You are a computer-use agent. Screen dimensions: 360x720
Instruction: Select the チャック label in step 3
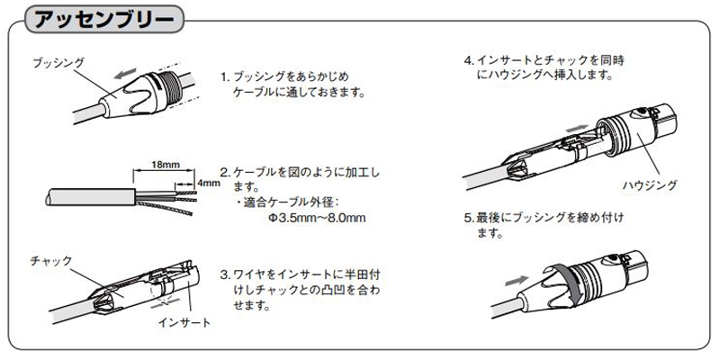coord(50,260)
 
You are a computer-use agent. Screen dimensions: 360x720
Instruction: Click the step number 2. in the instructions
coord(226,172)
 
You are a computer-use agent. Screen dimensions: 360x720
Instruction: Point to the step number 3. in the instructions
coord(226,273)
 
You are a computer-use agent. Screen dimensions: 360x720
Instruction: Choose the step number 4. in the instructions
coord(469,61)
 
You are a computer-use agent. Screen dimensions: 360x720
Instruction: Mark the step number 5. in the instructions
coord(469,218)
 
